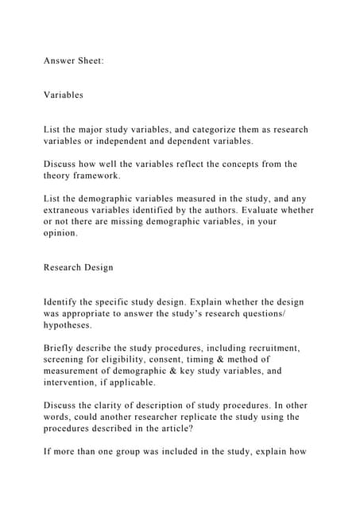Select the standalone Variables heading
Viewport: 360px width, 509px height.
coord(64,95)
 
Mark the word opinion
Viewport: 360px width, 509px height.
coord(61,234)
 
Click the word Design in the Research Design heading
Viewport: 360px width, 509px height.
coord(96,268)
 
